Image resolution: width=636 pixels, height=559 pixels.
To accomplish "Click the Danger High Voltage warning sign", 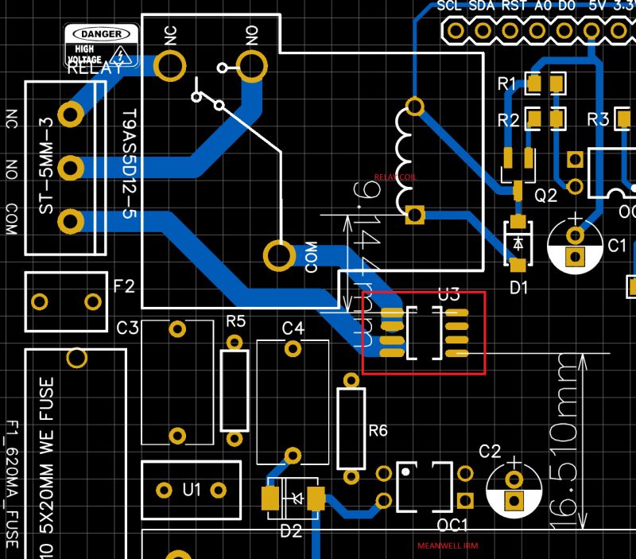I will coord(101,46).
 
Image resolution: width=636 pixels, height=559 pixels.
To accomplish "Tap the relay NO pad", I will coord(251,66).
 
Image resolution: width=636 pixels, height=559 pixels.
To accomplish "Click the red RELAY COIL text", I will coord(395,178).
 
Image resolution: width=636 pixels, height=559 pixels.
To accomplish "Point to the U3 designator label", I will coord(449,294).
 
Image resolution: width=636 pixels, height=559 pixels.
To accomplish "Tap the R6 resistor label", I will coord(378,430).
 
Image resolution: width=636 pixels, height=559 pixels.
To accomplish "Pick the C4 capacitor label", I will coord(293,328).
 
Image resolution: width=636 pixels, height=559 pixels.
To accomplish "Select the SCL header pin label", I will coord(450,6).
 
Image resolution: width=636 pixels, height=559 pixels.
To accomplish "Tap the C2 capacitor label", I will coord(490,452).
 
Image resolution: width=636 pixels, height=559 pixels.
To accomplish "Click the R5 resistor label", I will coord(236,321).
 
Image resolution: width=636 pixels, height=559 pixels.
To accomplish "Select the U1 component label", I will coord(192,489).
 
